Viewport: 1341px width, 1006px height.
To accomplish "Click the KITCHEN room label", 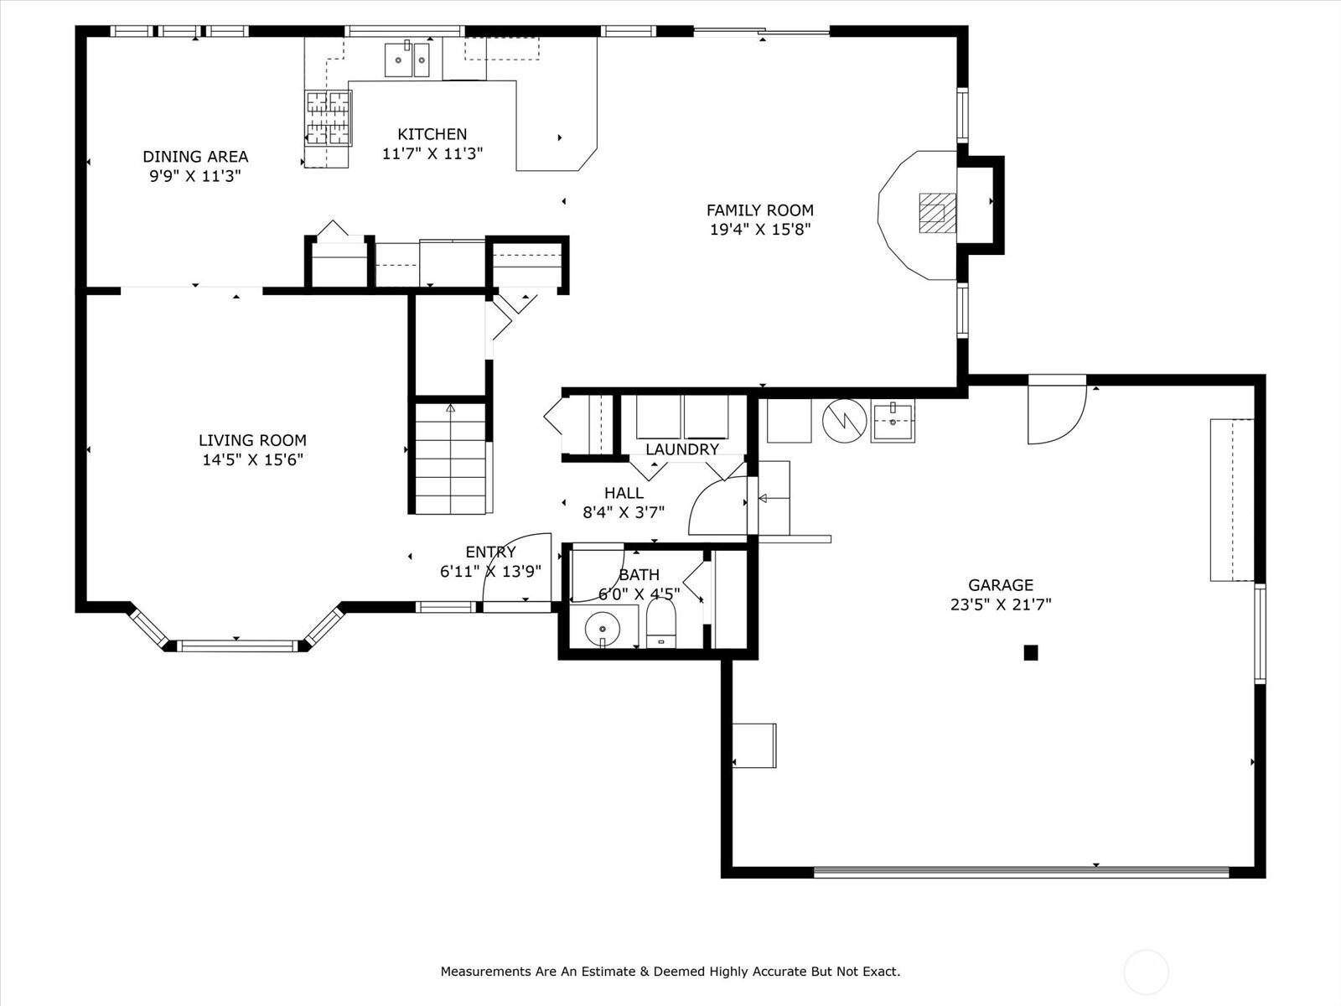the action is click(x=432, y=134).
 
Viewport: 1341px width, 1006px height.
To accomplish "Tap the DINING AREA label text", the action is click(x=195, y=157).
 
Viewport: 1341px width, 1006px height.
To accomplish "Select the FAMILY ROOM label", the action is click(x=760, y=210).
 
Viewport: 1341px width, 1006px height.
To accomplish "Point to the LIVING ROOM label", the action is click(x=252, y=440).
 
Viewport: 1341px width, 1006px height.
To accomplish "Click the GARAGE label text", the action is click(x=1001, y=585).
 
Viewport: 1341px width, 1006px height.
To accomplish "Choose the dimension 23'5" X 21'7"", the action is click(x=1001, y=604).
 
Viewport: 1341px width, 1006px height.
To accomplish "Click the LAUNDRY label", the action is click(x=682, y=449).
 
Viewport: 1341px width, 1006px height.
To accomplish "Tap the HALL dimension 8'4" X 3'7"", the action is click(x=624, y=512).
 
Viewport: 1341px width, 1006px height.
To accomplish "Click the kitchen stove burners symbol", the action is click(x=329, y=118).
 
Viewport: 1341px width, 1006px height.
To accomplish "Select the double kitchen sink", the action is click(x=406, y=60).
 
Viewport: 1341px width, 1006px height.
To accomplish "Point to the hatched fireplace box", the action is click(x=938, y=213).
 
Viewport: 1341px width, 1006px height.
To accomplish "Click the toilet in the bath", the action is click(x=661, y=623).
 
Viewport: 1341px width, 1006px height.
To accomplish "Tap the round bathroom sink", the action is click(x=603, y=629).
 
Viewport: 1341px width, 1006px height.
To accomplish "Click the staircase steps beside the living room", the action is click(x=451, y=458).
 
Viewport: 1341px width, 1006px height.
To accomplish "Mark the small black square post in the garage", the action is click(x=1031, y=653).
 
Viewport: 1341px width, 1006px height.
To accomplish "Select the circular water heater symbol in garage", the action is click(x=844, y=421).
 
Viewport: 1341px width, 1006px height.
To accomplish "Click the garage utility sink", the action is click(x=893, y=420).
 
